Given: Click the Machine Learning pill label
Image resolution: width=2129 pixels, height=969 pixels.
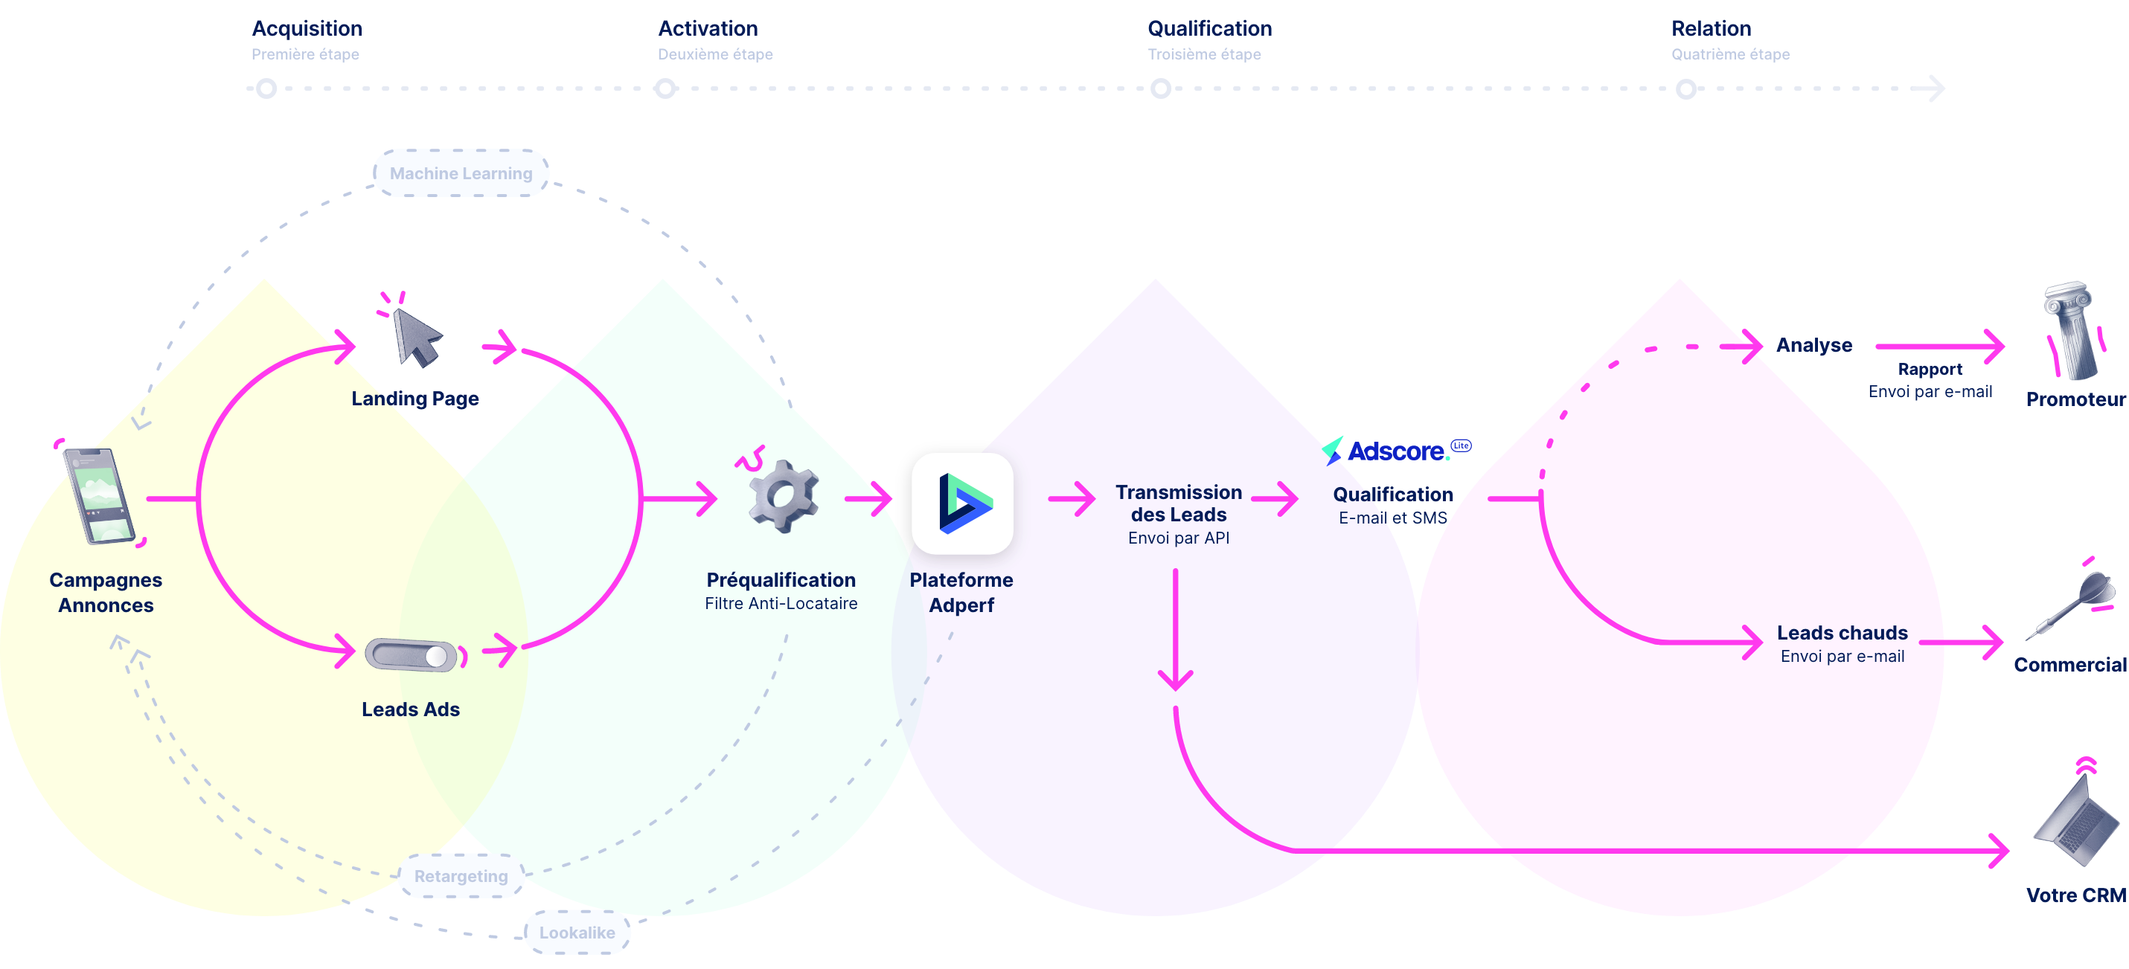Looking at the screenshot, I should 461,173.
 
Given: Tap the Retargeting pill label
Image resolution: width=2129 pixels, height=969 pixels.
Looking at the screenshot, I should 461,875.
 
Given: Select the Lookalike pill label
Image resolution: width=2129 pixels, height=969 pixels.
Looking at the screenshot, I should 577,933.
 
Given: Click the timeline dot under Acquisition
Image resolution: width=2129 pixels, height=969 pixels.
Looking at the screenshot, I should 266,88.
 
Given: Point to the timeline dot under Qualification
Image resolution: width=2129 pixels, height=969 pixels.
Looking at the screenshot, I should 1160,88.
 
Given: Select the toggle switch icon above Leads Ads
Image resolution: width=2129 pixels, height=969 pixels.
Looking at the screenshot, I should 412,656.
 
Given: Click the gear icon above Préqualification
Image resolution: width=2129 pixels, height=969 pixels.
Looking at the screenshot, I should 784,495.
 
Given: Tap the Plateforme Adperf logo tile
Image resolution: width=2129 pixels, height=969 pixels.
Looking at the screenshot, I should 962,503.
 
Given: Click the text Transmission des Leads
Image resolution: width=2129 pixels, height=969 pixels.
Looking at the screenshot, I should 1179,503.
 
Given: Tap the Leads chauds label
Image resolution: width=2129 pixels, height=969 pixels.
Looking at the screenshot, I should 1843,633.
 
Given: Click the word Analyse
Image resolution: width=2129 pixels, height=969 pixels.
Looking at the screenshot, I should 1814,345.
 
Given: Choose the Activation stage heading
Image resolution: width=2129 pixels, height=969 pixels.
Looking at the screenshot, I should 708,29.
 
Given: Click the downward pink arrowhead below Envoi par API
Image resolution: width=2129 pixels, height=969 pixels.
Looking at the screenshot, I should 1175,680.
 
